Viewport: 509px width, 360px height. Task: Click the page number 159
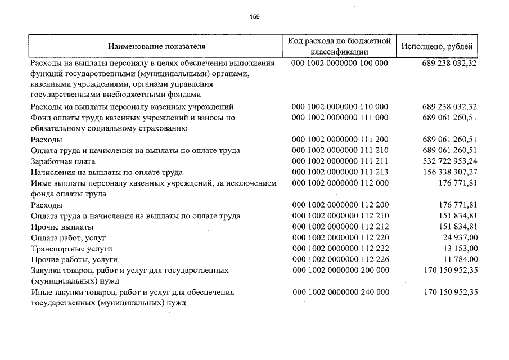click(255, 16)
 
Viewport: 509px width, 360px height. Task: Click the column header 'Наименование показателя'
click(157, 46)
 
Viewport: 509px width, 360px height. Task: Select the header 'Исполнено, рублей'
click(437, 46)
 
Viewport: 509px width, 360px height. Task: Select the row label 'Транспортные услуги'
click(72, 248)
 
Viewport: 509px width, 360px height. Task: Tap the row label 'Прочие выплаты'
click(62, 227)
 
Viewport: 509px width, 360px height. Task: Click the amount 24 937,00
click(460, 237)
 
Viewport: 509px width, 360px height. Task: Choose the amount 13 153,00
click(460, 248)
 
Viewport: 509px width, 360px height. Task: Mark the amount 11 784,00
click(460, 259)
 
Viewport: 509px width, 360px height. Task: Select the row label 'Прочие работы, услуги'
click(74, 259)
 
